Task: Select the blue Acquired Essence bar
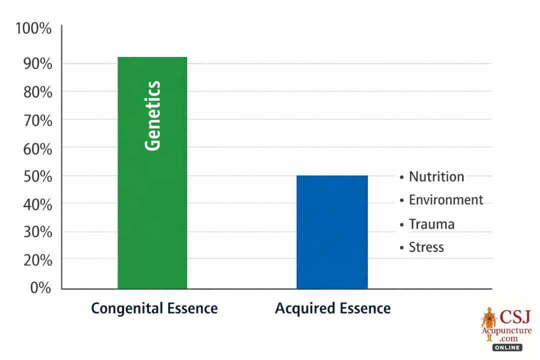point(332,232)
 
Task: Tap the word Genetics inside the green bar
point(153,115)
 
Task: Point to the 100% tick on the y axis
point(33,28)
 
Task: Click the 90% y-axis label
point(35,64)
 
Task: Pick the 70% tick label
point(35,120)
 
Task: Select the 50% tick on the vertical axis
point(35,176)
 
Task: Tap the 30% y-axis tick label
point(35,232)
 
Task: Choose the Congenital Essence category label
point(154,308)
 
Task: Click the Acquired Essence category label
point(332,308)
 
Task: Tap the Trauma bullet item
point(431,224)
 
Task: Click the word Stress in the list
point(426,247)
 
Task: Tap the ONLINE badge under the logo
point(507,347)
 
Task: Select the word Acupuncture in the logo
point(507,330)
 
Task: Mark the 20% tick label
point(35,260)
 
